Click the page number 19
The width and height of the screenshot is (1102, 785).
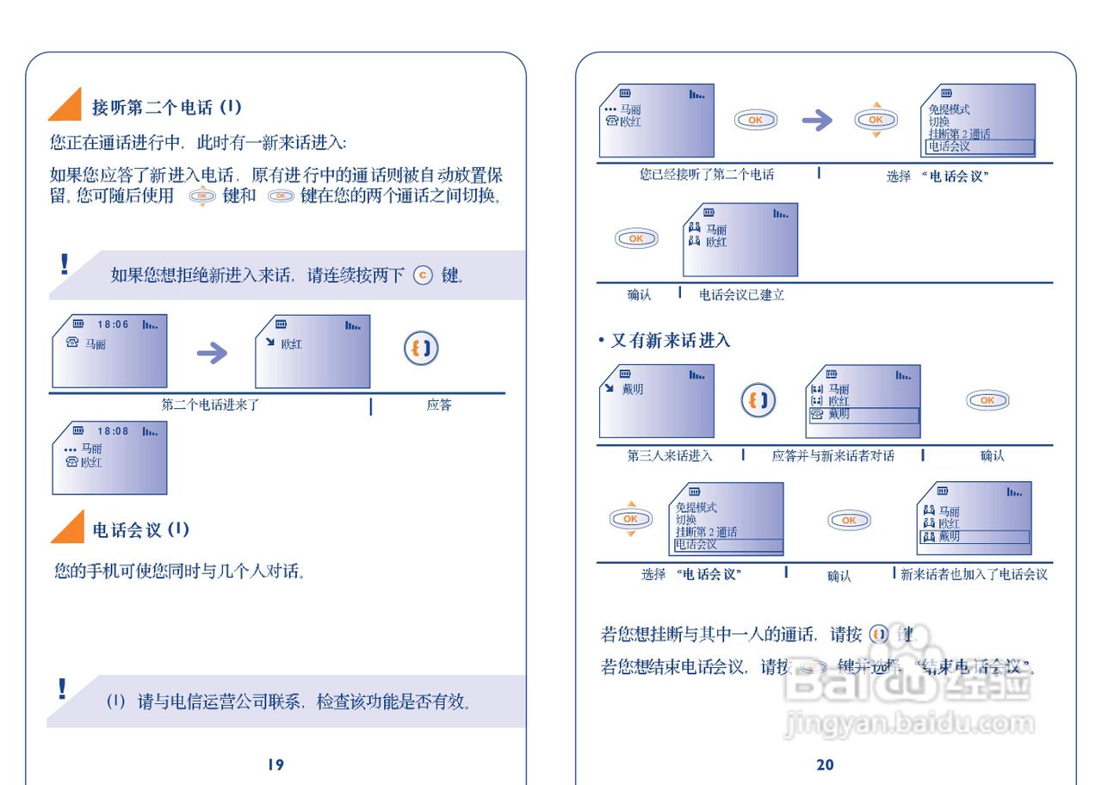tap(275, 764)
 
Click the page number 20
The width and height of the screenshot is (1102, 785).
tap(825, 764)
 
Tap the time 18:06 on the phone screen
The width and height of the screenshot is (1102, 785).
tap(113, 325)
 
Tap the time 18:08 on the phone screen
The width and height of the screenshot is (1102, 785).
tap(113, 431)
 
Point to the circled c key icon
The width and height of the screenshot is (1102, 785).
tap(422, 275)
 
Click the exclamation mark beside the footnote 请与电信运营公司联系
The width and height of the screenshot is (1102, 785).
tap(62, 689)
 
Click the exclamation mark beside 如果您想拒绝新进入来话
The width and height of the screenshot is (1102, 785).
tap(64, 264)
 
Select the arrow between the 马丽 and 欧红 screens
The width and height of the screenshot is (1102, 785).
tap(212, 353)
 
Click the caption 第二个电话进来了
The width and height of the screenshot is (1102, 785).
tap(210, 405)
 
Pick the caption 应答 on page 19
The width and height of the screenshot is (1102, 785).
tap(439, 405)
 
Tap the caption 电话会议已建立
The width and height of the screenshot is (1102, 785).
tap(741, 295)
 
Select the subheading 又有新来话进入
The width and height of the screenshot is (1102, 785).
tap(665, 341)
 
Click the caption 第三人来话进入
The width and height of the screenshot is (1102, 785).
tap(669, 456)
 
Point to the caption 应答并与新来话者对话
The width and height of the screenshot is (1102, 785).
tap(833, 456)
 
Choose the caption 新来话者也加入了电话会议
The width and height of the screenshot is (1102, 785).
tap(974, 574)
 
